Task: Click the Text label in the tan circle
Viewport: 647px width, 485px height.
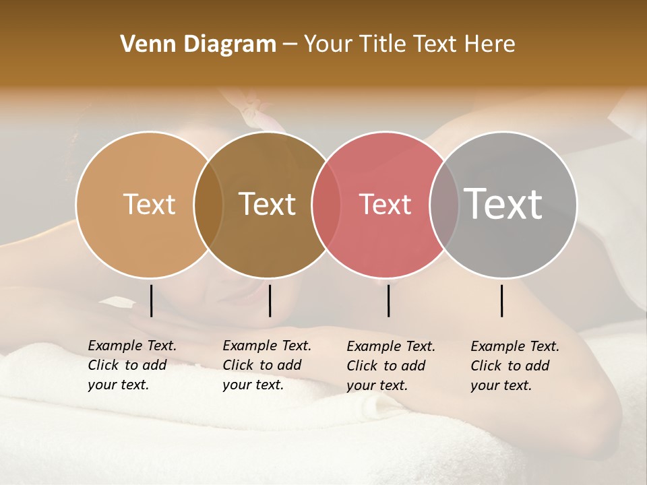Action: (150, 204)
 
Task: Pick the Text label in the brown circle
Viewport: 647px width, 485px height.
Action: (268, 204)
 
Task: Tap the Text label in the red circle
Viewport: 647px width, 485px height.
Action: (386, 204)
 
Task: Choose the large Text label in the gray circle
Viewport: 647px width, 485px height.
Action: (503, 204)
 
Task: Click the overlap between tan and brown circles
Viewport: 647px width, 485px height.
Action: (208, 205)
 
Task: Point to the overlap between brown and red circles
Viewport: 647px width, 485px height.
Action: (326, 205)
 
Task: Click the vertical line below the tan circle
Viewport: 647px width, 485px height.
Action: (152, 300)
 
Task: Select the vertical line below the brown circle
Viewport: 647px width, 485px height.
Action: (270, 300)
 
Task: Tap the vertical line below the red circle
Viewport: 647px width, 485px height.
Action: (389, 300)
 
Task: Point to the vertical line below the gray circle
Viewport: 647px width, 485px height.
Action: (502, 300)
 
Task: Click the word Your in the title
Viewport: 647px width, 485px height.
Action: (328, 44)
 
